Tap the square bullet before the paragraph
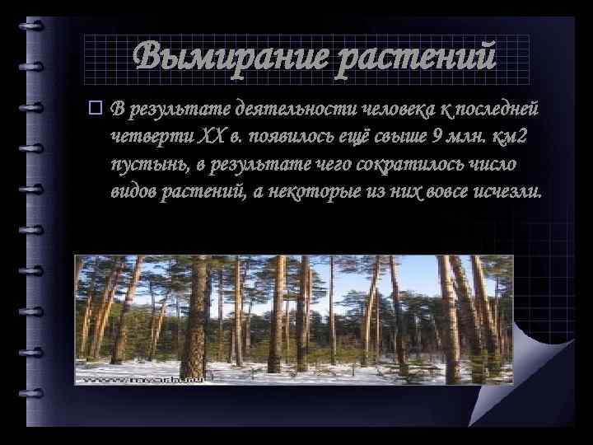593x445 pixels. click(x=95, y=107)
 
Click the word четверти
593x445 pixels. click(x=147, y=136)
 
